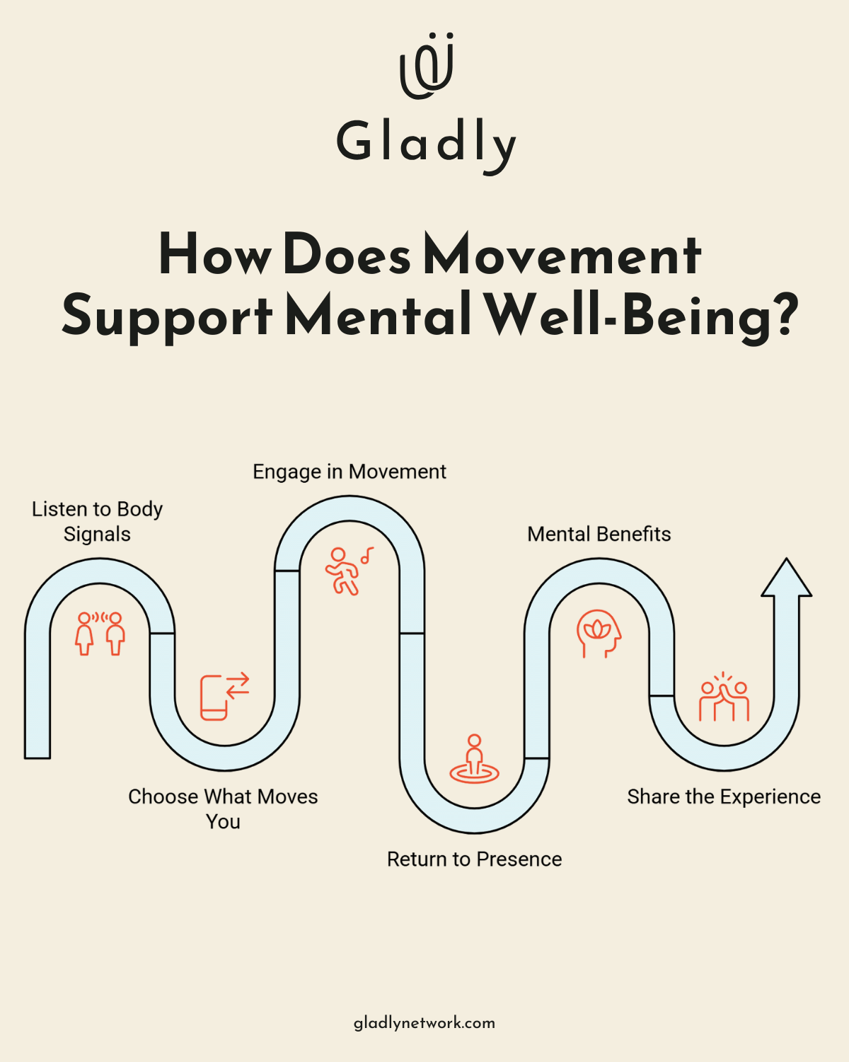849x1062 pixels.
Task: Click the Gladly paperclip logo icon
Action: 427,65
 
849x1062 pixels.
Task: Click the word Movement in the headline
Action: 562,255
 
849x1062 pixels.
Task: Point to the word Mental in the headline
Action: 379,316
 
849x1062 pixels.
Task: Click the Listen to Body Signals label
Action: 98,521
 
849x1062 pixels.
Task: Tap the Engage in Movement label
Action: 350,472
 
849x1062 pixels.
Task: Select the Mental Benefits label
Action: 599,534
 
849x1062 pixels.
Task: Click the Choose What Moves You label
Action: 223,809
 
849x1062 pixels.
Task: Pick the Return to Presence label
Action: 474,859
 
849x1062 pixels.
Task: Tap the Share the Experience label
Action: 724,796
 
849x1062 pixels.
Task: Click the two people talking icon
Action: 100,633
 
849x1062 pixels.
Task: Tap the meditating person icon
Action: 474,759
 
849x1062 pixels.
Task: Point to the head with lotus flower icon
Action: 599,633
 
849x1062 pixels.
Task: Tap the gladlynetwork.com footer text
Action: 424,1022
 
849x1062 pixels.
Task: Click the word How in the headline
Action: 214,255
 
